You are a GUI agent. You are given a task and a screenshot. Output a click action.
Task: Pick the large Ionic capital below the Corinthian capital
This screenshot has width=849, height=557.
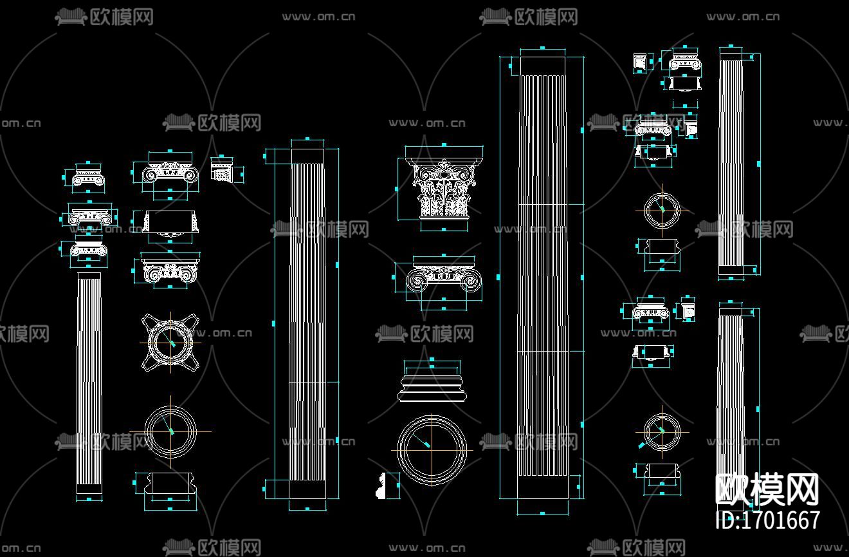[444, 278]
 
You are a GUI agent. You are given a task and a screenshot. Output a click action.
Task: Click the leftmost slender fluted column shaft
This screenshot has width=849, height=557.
[89, 380]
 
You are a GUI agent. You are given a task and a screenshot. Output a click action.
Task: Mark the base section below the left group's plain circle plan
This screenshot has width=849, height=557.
[170, 485]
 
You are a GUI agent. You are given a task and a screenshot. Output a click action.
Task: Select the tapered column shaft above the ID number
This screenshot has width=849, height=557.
[730, 399]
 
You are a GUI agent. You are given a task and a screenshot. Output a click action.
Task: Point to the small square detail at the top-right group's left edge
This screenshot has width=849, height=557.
[640, 63]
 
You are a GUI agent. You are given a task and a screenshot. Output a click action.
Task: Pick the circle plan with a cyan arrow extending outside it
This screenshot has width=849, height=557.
[661, 432]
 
